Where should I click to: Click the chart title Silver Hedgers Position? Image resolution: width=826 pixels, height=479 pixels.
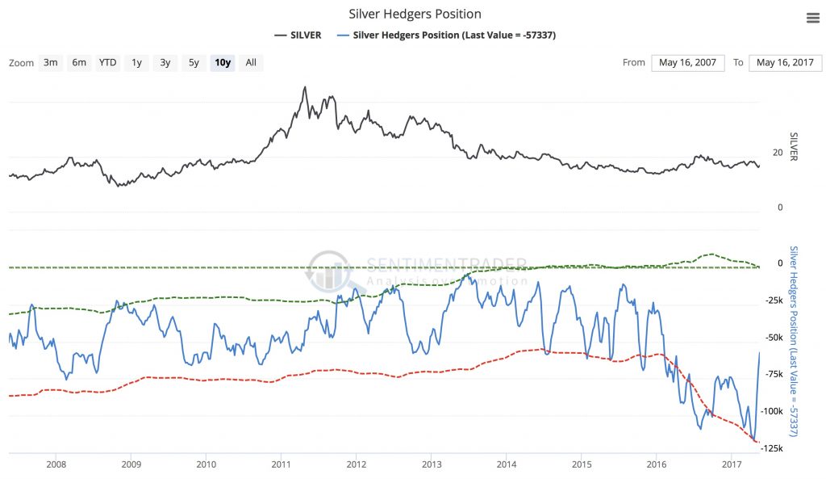[415, 14]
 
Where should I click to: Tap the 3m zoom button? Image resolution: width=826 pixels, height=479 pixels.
[51, 62]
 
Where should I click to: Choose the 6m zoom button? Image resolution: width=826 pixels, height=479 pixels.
[78, 62]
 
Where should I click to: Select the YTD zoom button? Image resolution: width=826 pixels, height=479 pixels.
[107, 62]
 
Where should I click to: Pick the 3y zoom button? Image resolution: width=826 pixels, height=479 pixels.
[165, 62]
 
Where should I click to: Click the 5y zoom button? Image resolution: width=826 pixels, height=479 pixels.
[193, 62]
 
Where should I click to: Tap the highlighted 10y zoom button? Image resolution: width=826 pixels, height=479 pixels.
[222, 62]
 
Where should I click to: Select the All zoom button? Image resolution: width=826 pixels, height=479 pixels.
[251, 62]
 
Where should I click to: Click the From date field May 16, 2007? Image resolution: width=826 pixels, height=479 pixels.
[687, 63]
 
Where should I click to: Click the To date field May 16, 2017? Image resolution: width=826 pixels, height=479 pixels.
[786, 63]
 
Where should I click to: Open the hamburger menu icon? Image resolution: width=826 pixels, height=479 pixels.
[812, 19]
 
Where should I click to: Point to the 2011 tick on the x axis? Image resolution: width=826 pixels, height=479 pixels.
[281, 464]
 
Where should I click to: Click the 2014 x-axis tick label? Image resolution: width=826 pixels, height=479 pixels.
[507, 464]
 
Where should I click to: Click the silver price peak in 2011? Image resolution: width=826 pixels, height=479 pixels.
[304, 87]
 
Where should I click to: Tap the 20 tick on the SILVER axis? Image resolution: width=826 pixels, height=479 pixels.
[778, 153]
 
